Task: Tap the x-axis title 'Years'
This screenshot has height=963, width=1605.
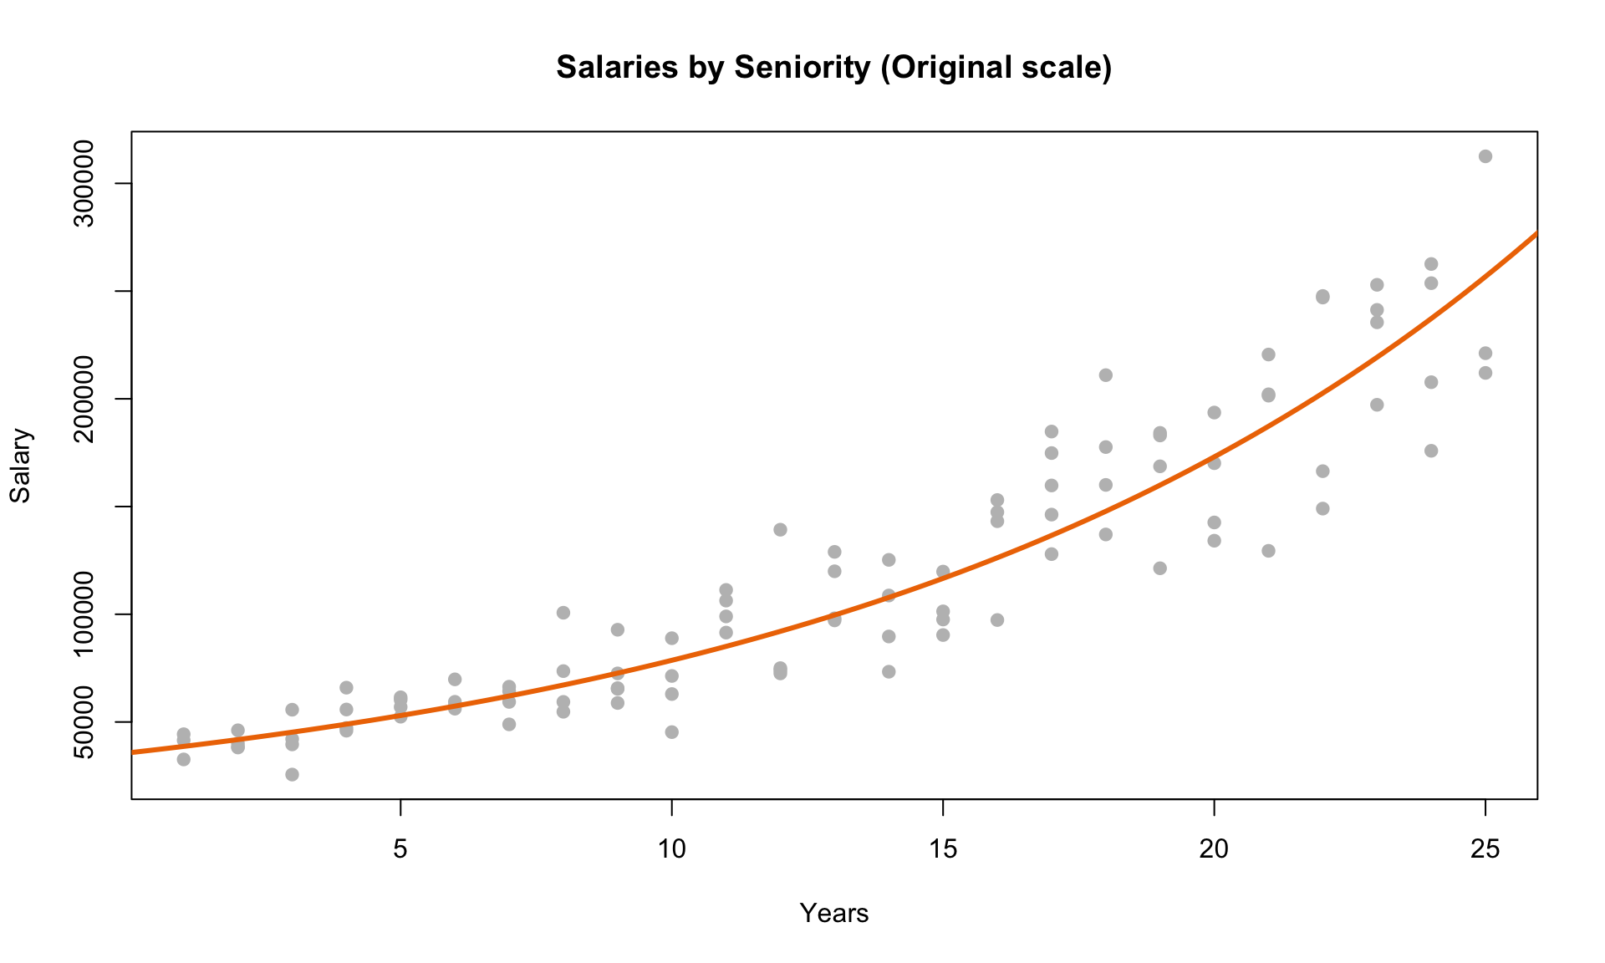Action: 833,914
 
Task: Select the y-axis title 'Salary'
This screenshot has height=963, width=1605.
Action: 20,466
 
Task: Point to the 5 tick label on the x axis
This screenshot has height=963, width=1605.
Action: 400,849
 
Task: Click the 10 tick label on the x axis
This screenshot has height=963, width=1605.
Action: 671,849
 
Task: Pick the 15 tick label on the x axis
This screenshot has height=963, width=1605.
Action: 943,849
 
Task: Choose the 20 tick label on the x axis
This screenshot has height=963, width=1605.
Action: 1214,849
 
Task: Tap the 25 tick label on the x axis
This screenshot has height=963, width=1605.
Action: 1485,849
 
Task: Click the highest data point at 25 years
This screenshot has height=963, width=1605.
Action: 1485,156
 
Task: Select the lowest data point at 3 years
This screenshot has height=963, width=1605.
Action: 292,774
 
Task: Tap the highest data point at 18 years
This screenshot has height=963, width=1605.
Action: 1105,375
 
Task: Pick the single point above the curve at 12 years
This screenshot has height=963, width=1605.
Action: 780,529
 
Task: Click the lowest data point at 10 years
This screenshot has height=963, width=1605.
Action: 671,732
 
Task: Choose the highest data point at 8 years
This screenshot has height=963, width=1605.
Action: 563,613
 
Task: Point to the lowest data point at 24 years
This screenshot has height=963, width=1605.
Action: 1430,451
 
